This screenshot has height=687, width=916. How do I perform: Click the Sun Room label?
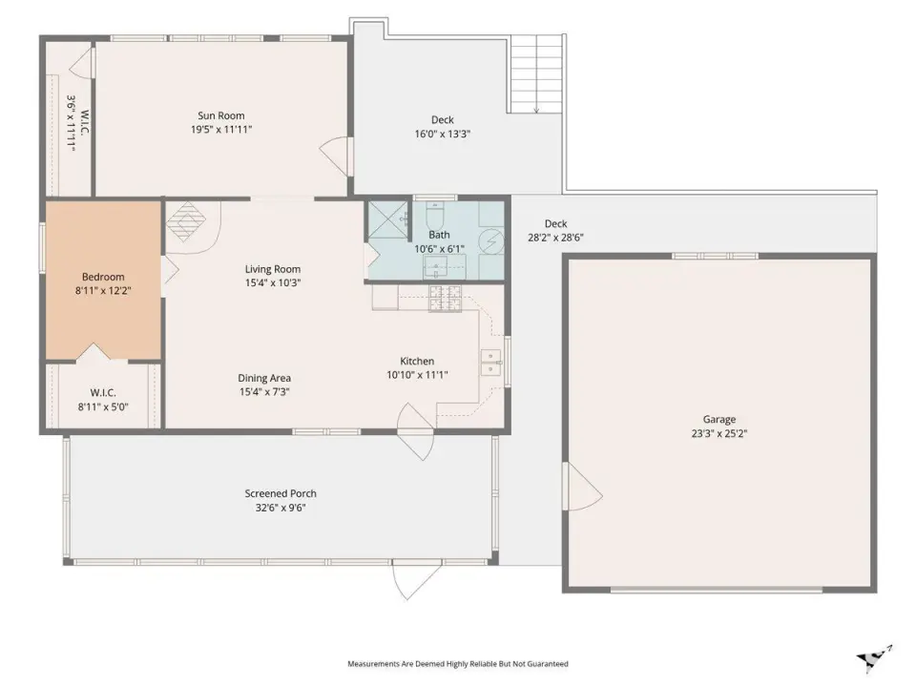[220, 115]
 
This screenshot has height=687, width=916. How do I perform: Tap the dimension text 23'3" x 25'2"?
[719, 433]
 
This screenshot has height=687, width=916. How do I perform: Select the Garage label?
[719, 420]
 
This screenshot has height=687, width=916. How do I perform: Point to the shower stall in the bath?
[388, 219]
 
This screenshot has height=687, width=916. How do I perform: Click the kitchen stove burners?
[446, 298]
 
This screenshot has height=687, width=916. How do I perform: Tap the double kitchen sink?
[490, 363]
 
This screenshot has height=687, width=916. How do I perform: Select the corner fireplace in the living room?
[186, 220]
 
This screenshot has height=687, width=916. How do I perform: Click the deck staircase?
[537, 74]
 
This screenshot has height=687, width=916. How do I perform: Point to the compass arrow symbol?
[874, 658]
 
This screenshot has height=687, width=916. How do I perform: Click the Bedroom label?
[103, 277]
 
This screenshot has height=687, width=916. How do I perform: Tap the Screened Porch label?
[281, 493]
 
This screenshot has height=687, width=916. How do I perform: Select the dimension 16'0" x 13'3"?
[442, 134]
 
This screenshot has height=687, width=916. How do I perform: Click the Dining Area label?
[264, 378]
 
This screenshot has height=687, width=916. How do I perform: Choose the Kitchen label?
[417, 361]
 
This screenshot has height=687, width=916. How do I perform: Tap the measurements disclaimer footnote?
[458, 664]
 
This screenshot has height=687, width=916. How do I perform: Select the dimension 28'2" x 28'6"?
[555, 238]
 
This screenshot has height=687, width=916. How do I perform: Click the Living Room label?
[273, 269]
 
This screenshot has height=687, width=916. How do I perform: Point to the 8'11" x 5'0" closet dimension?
[103, 407]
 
